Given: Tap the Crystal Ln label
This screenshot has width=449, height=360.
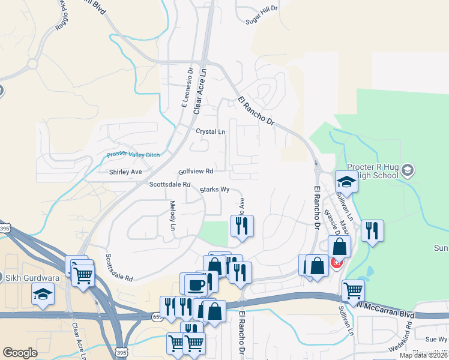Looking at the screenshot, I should [210, 131].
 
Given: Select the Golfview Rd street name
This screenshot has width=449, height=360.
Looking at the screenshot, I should [196, 171].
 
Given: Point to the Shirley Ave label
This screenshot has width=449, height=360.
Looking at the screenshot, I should [125, 172].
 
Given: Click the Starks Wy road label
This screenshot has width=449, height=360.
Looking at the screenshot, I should [215, 190].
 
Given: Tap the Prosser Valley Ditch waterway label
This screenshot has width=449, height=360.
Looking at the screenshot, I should [133, 154].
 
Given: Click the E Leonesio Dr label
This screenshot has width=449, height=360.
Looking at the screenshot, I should [185, 88].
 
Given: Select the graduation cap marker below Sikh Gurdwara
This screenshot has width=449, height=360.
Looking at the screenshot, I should [43, 293].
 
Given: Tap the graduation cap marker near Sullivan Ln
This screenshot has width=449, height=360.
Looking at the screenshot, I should [346, 181].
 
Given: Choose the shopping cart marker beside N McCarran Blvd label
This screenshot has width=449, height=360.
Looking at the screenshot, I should [353, 290].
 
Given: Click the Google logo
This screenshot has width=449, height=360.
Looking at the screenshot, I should [20, 353].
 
